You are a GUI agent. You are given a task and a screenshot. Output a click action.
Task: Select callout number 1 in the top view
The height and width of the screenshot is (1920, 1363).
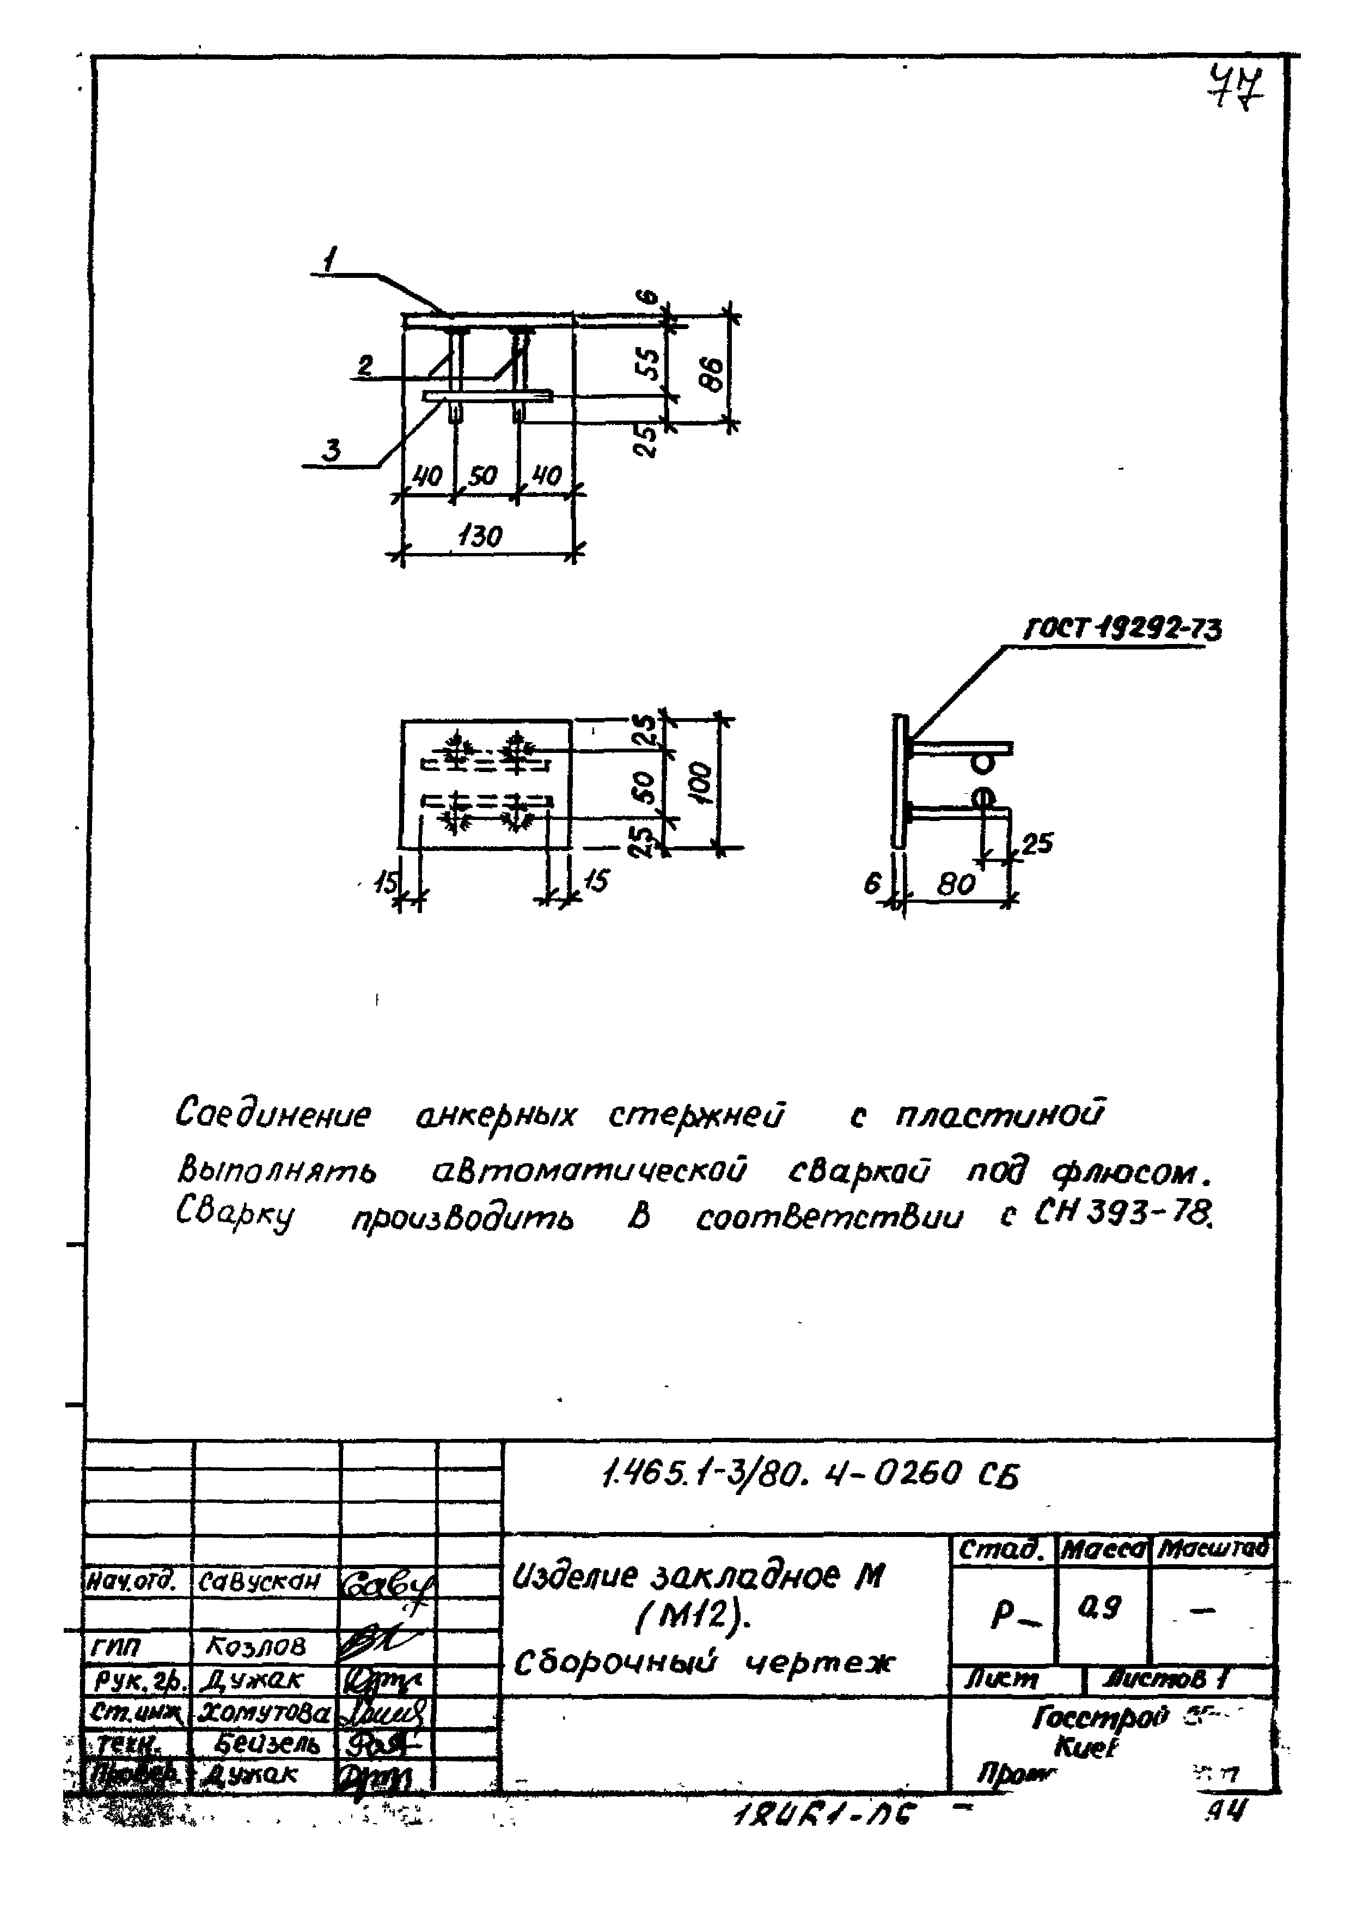(331, 260)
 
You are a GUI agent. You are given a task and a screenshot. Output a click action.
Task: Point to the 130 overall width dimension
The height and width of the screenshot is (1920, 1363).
(481, 535)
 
